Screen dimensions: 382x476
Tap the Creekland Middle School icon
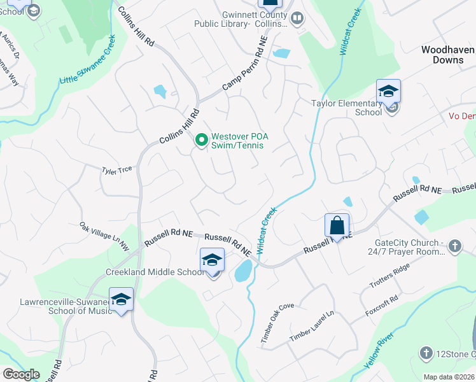click(x=212, y=261)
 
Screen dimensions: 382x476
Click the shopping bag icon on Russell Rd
click(x=337, y=225)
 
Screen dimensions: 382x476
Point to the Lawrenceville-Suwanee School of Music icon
click(x=121, y=299)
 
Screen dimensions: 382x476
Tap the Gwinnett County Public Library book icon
click(x=297, y=19)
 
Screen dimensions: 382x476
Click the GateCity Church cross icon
click(x=454, y=246)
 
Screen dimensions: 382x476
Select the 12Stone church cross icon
click(x=426, y=353)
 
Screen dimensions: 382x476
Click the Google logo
click(x=22, y=374)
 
